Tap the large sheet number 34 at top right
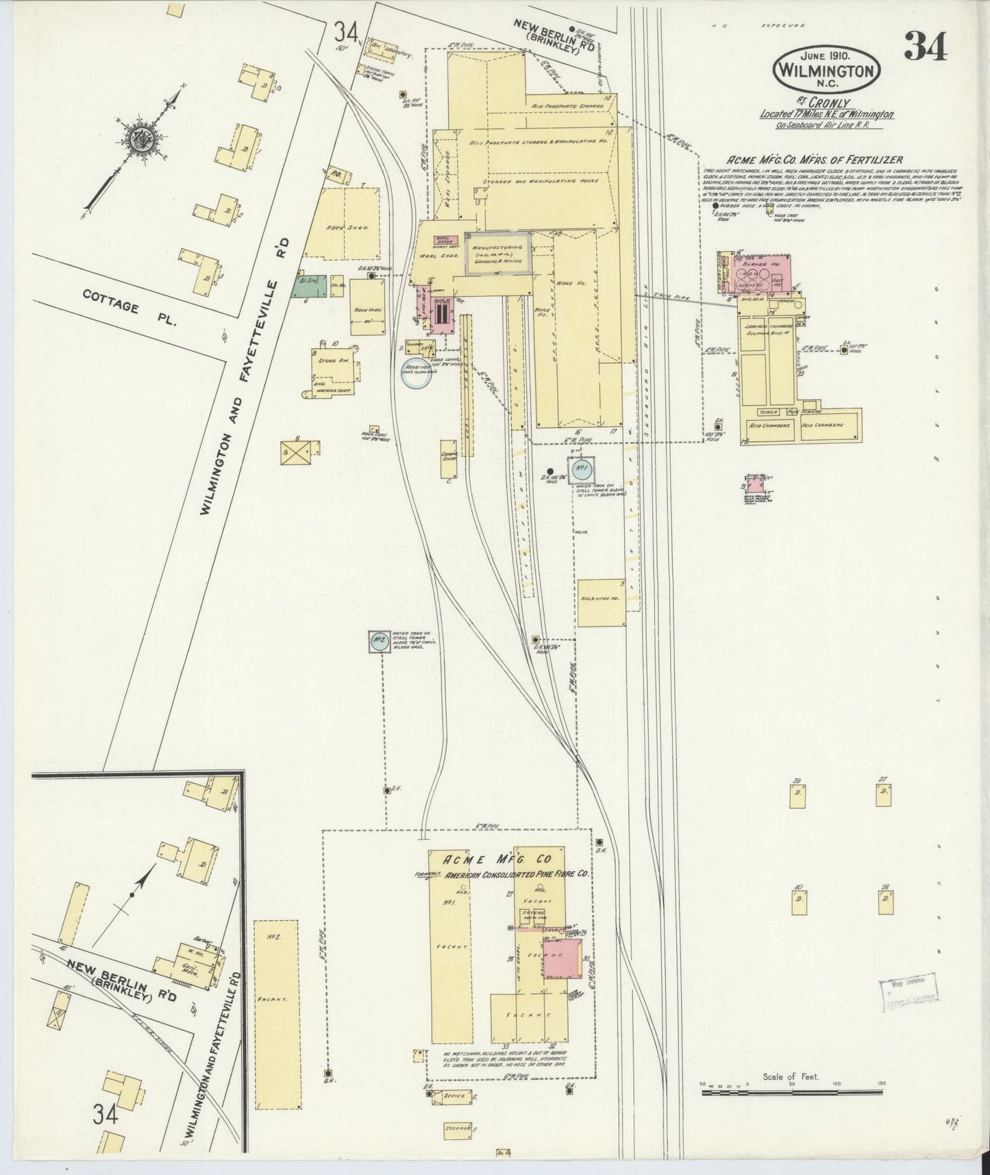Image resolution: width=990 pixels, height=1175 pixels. coord(926,48)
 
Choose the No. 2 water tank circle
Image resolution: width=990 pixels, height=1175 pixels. coord(378,642)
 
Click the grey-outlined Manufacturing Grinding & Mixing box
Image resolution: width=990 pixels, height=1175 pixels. coord(497,252)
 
